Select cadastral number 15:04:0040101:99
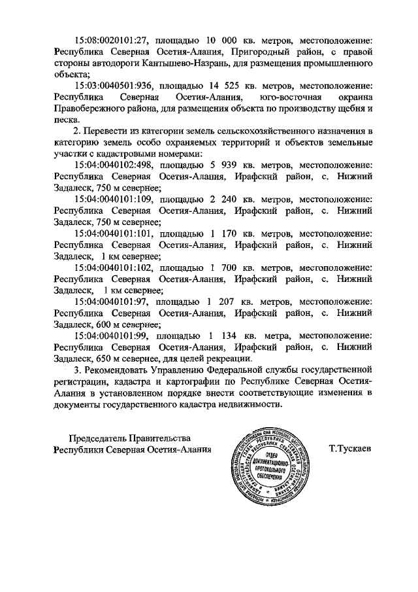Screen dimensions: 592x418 coord(113,335)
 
